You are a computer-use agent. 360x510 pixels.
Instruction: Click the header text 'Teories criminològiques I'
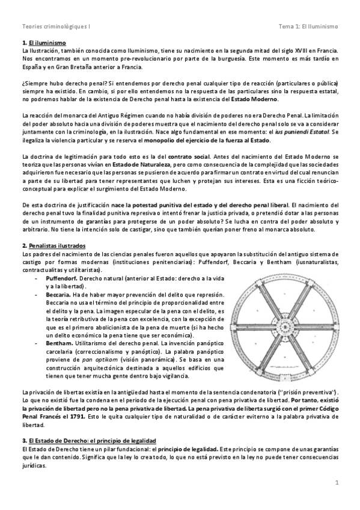point(50,26)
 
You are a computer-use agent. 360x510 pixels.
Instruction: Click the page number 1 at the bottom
point(338,482)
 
